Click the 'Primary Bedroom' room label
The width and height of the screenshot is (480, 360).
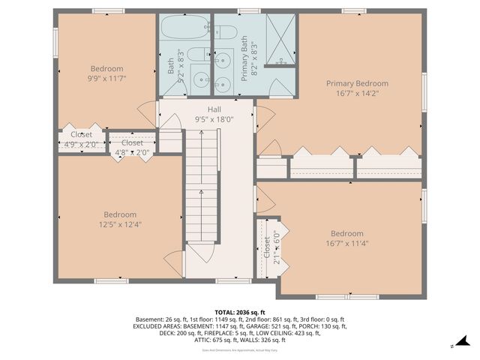(357, 83)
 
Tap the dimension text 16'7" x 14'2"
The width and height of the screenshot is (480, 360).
(357, 94)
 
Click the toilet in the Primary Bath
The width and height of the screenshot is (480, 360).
(225, 31)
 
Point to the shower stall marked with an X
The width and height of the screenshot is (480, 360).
(277, 40)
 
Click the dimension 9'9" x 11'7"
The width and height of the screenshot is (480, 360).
(106, 77)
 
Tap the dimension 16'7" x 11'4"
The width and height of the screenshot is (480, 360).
(346, 243)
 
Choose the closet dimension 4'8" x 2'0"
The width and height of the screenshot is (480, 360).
(132, 152)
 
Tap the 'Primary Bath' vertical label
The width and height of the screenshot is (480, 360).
(244, 64)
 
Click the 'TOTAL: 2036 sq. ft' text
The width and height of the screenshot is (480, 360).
(239, 311)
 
